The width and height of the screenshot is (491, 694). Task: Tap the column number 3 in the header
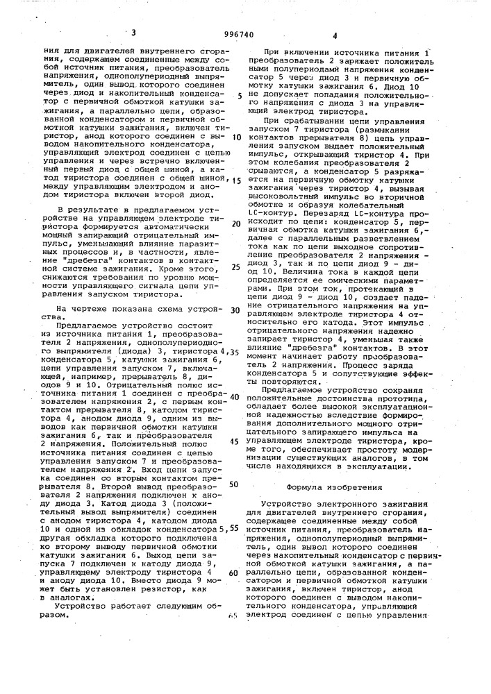[133, 31]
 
